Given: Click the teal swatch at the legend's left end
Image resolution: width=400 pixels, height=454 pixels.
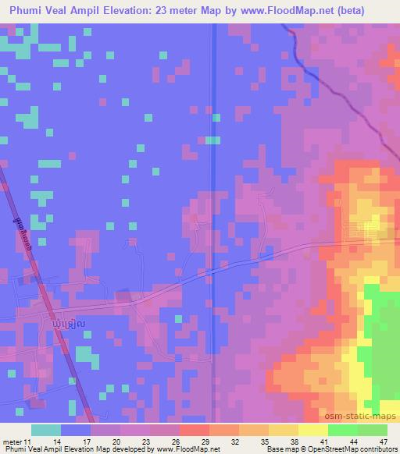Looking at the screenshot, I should [46, 430].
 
